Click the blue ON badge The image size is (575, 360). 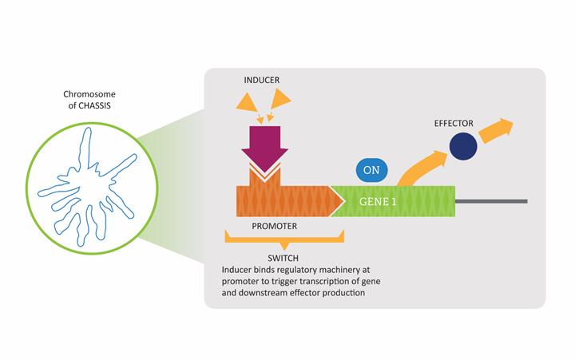click(371, 170)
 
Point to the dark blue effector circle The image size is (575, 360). click(464, 147)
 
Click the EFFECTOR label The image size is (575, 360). click(454, 124)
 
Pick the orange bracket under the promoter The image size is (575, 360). click(284, 239)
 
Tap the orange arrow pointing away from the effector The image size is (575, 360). click(498, 127)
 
